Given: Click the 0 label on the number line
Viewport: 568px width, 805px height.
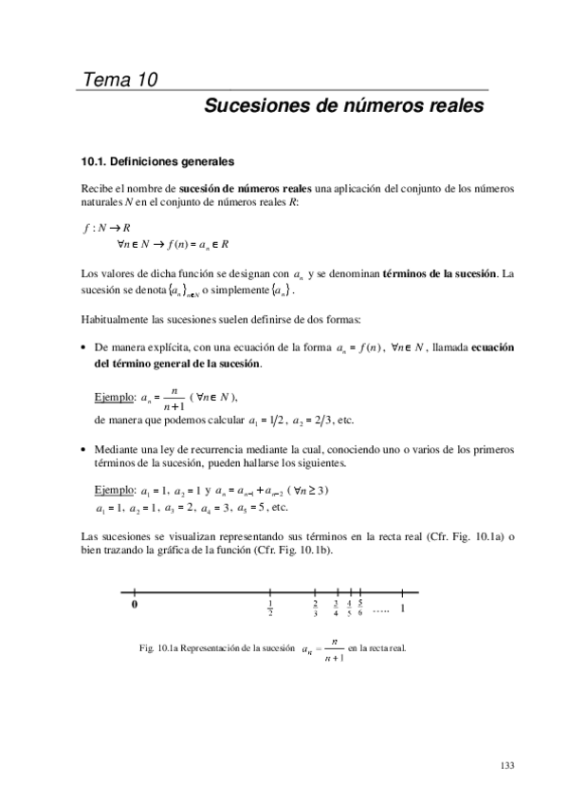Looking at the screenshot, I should tap(135, 604).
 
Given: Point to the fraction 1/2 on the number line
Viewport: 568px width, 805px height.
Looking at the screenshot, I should tap(271, 608).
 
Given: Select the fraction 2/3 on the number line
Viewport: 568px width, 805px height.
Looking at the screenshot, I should tap(315, 608).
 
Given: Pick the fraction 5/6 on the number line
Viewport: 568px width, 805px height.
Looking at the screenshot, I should tap(361, 608).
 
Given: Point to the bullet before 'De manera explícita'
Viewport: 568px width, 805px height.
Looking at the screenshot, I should tap(86, 348).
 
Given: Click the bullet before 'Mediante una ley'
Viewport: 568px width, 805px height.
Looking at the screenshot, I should tap(86, 448).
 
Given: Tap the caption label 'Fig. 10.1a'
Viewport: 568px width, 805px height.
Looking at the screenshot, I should tap(158, 648).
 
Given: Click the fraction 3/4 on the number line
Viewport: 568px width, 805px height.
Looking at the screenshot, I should tap(336, 608).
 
